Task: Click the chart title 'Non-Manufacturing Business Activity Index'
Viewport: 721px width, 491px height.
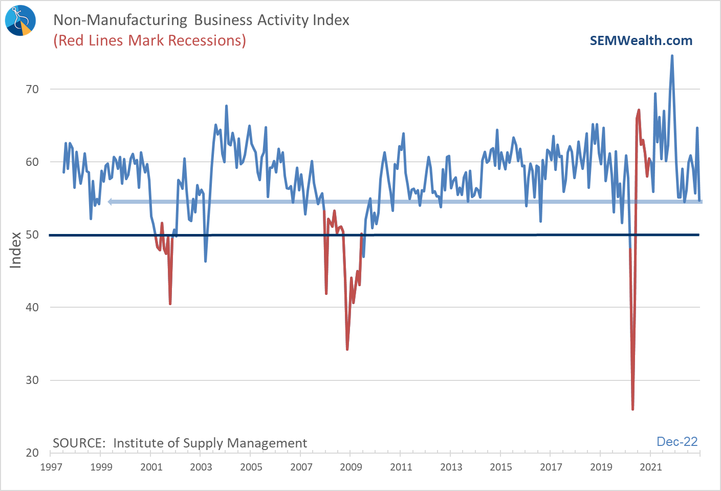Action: tap(201, 20)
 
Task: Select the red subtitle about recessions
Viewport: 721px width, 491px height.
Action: tap(149, 40)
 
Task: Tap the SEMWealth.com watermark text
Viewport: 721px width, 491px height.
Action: tap(641, 41)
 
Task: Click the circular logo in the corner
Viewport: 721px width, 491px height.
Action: tap(20, 20)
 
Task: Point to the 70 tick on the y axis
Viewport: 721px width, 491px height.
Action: tap(32, 90)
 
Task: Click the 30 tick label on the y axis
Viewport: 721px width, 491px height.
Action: tap(32, 380)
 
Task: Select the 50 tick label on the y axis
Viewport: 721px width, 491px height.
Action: tap(32, 235)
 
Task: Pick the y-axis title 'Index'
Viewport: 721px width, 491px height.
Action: tap(16, 250)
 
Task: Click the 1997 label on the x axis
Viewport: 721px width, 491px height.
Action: tap(51, 467)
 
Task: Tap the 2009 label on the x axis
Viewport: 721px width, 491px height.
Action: tap(351, 467)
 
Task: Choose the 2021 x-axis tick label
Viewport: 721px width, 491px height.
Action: tap(651, 467)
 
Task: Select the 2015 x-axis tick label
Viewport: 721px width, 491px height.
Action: tap(501, 467)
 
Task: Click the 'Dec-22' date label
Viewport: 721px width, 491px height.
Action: tap(676, 442)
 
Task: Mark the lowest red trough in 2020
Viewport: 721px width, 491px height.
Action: tap(633, 409)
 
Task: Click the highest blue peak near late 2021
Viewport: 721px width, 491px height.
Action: tap(672, 56)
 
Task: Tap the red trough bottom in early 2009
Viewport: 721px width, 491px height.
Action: tap(347, 349)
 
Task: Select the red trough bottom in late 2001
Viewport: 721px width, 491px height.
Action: tap(170, 304)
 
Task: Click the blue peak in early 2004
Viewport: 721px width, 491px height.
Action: tap(226, 106)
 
